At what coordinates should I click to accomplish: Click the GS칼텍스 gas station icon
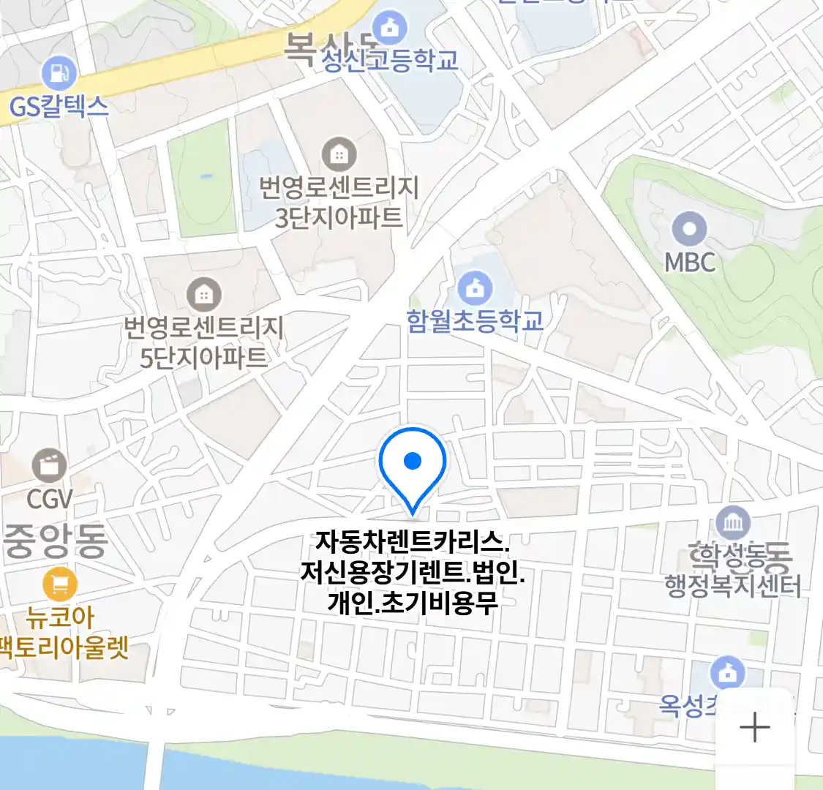click(58, 73)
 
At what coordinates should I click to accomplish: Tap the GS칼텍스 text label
click(59, 107)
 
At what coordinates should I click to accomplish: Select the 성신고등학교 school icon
click(389, 29)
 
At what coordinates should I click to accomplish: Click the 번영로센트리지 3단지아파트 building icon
click(339, 154)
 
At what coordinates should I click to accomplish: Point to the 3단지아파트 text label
click(339, 217)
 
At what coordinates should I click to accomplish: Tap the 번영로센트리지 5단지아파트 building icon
click(203, 295)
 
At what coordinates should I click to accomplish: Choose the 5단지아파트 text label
click(203, 358)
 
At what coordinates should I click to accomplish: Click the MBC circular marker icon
click(689, 228)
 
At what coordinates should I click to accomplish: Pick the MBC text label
click(689, 261)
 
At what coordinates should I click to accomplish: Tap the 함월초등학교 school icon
click(475, 287)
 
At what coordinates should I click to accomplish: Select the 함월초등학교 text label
click(475, 321)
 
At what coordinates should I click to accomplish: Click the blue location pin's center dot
click(413, 460)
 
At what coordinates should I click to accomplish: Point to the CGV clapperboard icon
click(50, 465)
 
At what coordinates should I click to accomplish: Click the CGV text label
click(50, 499)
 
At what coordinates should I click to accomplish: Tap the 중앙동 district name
click(56, 541)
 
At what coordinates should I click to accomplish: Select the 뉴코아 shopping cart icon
click(60, 584)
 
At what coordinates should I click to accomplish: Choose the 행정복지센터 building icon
click(733, 523)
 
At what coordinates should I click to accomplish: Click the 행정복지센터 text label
click(733, 587)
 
